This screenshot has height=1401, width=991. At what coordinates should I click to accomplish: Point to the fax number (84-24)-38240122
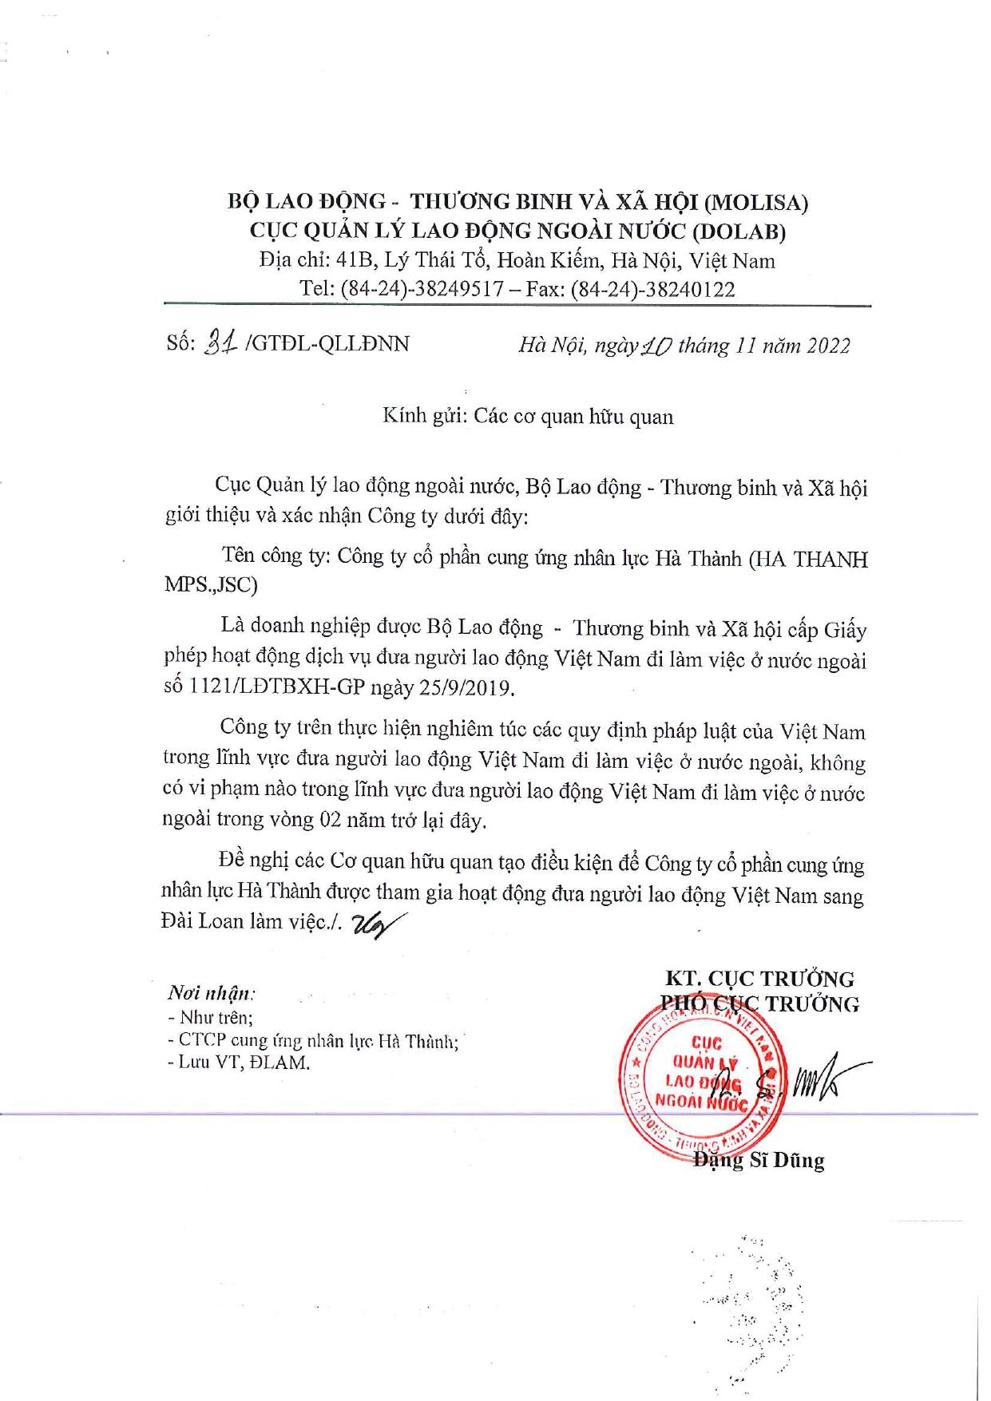(x=652, y=289)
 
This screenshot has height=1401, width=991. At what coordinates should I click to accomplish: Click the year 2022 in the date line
(x=828, y=345)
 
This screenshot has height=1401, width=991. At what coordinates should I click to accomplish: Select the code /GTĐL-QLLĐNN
(x=328, y=344)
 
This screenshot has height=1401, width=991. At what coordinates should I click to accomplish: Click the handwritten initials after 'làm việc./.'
(x=373, y=924)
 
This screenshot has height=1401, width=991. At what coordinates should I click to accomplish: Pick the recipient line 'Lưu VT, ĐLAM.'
(x=239, y=1063)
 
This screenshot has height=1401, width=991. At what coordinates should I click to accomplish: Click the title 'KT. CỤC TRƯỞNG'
(x=759, y=979)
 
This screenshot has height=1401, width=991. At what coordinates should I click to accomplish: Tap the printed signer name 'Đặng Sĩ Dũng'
(x=759, y=1160)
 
